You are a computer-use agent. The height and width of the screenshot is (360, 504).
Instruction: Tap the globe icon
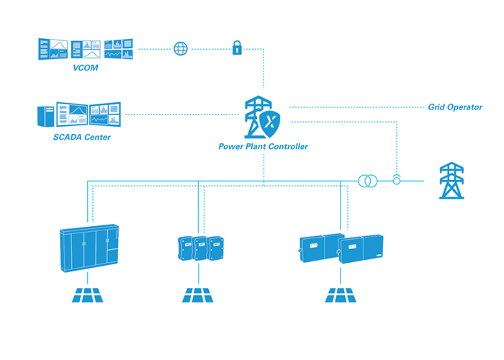click(x=180, y=49)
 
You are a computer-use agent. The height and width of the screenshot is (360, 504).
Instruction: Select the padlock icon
click(x=235, y=49)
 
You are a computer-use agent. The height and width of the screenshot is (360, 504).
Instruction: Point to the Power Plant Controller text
click(x=264, y=146)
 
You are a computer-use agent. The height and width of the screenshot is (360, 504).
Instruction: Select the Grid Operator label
click(x=455, y=107)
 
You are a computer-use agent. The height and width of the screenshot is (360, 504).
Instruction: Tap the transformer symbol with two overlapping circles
click(x=366, y=180)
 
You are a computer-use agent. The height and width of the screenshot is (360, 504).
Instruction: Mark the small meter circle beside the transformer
click(x=396, y=180)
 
